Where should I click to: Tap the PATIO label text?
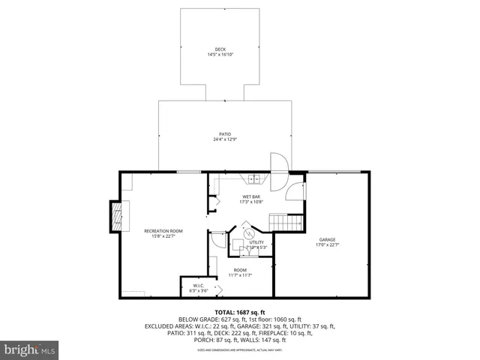(x=220, y=134)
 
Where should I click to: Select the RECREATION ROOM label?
(x=163, y=231)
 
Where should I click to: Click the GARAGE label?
(x=327, y=239)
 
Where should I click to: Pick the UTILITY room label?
(x=256, y=242)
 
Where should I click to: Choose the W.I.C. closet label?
(x=198, y=285)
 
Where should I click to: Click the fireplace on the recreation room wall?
(x=117, y=215)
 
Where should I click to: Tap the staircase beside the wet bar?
(x=286, y=223)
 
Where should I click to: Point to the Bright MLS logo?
(x=29, y=349)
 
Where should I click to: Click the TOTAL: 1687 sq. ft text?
(x=240, y=312)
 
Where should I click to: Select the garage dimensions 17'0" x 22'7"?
(x=327, y=244)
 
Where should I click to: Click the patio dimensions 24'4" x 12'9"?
(x=220, y=139)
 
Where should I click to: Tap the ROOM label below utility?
(x=240, y=270)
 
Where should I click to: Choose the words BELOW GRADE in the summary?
(x=196, y=319)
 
